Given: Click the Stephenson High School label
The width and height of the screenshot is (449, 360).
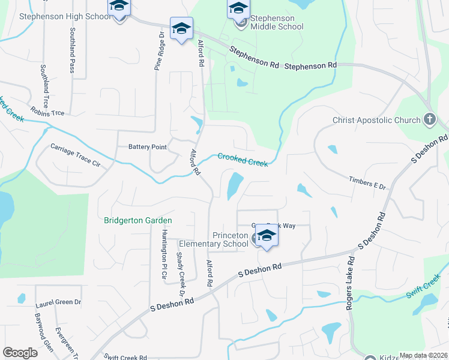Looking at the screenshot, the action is tap(65, 16).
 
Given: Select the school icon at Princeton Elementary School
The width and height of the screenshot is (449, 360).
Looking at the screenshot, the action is tap(267, 236).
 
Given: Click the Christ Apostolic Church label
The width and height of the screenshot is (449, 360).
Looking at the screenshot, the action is tap(376, 120).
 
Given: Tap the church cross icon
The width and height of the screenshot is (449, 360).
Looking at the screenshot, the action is tap(429, 119).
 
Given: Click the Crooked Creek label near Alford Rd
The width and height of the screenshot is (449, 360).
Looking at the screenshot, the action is tap(242, 160).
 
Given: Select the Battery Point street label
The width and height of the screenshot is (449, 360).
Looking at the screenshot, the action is tap(147, 147).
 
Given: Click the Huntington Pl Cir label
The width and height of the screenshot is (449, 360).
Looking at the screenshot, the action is tap(164, 256).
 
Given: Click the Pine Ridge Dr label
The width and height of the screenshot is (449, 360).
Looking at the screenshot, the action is tap(160, 51).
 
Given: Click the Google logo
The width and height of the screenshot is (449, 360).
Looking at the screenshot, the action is tap(20, 353).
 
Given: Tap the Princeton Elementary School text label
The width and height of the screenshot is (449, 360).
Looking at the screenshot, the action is tap(214, 239).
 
